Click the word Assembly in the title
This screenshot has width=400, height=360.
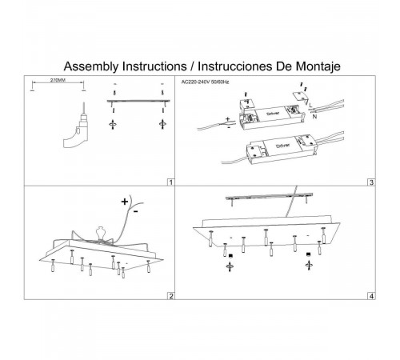pos(91,66)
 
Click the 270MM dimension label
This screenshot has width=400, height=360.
pos(58,80)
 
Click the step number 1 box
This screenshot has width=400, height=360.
pos(171,182)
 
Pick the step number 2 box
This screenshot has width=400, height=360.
pos(171,296)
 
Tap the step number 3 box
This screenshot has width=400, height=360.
pos(371,182)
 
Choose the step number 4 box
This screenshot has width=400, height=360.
pos(371,296)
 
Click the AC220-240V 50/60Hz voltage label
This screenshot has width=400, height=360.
pos(205,82)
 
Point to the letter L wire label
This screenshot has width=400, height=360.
pos(310,106)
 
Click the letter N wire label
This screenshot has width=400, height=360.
pos(314,117)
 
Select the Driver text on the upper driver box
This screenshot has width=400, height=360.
pos(273,114)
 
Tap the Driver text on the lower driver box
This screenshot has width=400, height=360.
pos(282,146)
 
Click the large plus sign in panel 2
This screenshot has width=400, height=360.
pos(125,202)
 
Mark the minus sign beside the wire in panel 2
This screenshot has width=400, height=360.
pos(136,212)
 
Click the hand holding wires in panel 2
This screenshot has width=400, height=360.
pos(100,234)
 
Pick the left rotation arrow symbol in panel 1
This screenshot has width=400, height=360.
pos(113,124)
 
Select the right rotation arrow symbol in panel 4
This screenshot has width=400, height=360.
pos(309,266)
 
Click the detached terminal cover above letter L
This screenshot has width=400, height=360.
pos(301,97)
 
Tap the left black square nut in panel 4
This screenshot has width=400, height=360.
pos(230,256)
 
